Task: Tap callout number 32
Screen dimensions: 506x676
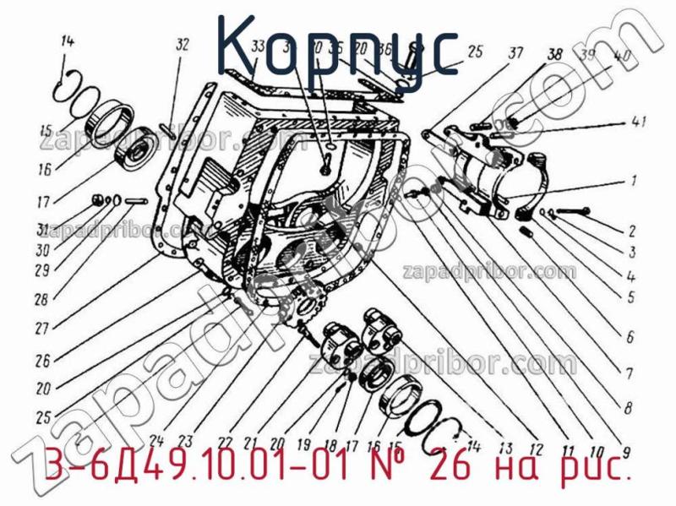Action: click(182, 47)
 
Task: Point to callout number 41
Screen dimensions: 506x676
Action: click(639, 123)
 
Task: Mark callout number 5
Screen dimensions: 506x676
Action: click(630, 297)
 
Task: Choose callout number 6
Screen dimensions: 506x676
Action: click(630, 336)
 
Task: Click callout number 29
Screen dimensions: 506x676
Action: click(42, 270)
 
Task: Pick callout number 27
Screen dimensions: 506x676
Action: click(42, 329)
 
